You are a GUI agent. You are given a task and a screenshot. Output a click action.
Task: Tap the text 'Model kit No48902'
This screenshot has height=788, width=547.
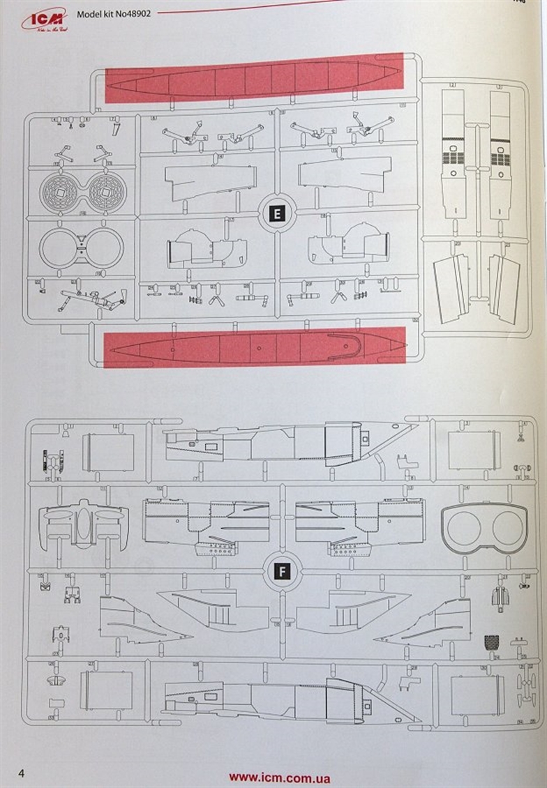[x=113, y=14]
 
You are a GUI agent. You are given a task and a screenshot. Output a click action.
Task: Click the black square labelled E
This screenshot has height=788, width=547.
[x=278, y=214]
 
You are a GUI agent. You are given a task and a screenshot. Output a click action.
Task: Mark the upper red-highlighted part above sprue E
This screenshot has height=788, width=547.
[x=254, y=77]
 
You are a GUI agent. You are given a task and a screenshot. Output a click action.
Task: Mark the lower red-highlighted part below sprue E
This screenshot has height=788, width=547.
[x=255, y=346]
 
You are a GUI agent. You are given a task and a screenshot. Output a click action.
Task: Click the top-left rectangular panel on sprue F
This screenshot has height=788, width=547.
[x=108, y=452]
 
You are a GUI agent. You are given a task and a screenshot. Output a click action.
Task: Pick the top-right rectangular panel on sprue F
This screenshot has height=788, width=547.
[x=474, y=450]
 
